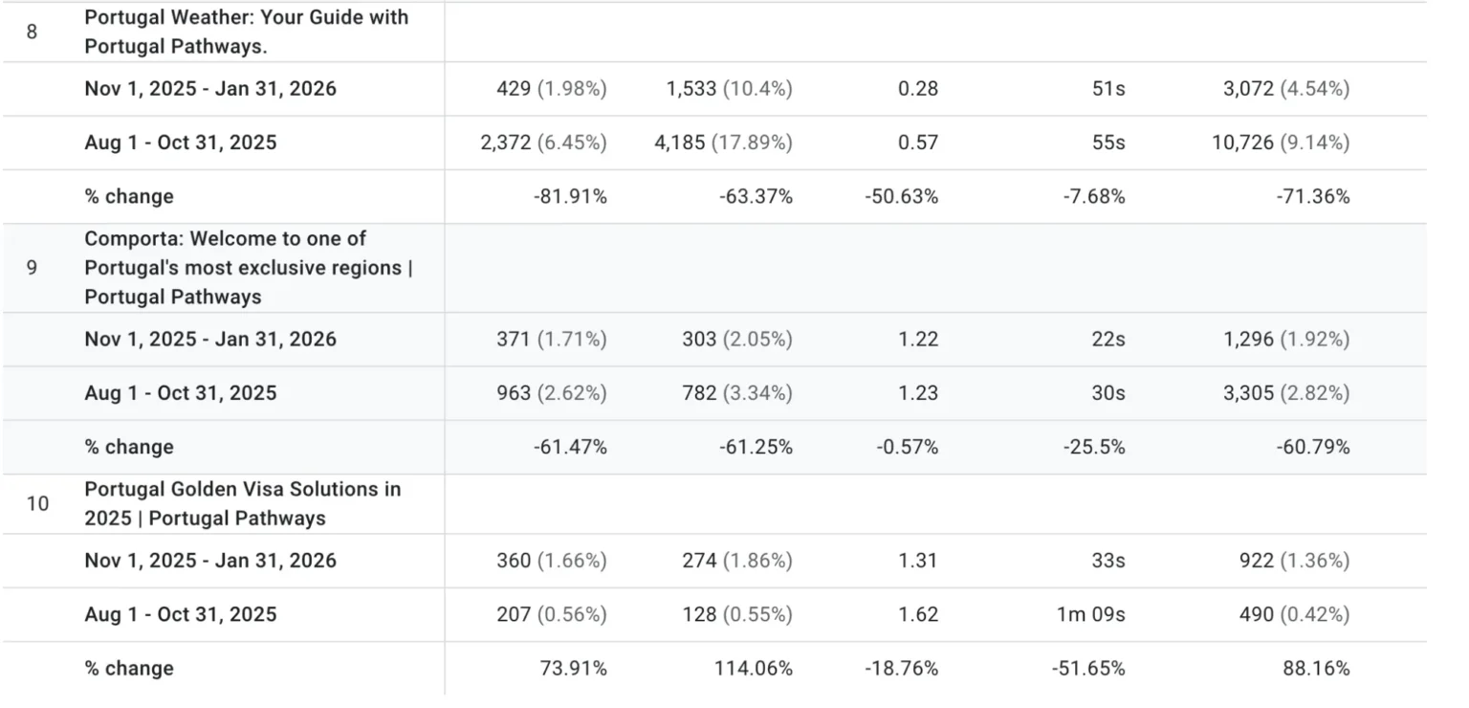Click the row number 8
pos(32,32)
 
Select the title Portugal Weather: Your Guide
pos(246,32)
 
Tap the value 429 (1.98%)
pos(543,89)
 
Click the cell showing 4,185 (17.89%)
pos(729,143)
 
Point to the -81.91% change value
pos(570,197)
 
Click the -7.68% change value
pos(1094,197)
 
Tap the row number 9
pos(32,268)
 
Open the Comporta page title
pos(248,268)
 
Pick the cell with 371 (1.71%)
pos(543,340)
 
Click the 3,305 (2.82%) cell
pos(1286,393)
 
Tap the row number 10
pos(36,503)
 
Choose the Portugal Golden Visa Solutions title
pos(242,503)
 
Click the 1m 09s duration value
pos(1090,614)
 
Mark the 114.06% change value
pos(753,669)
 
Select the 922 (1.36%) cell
pos(1294,561)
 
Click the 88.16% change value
pos(1316,669)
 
